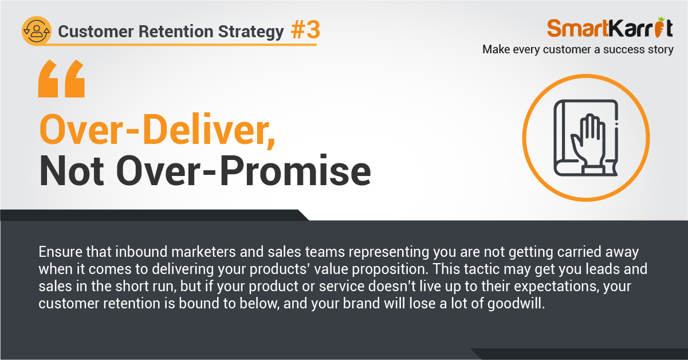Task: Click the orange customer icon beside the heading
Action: click(x=37, y=31)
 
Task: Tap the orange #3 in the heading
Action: click(x=305, y=30)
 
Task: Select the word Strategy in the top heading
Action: click(x=251, y=32)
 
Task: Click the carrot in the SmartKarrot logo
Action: click(x=659, y=28)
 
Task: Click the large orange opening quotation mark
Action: click(x=61, y=79)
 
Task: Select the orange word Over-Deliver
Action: click(x=158, y=129)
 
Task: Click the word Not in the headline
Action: click(x=72, y=170)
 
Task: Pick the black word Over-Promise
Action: click(x=243, y=170)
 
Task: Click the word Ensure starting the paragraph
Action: click(x=60, y=252)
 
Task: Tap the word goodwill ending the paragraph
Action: click(x=516, y=304)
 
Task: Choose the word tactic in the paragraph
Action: click(x=482, y=269)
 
